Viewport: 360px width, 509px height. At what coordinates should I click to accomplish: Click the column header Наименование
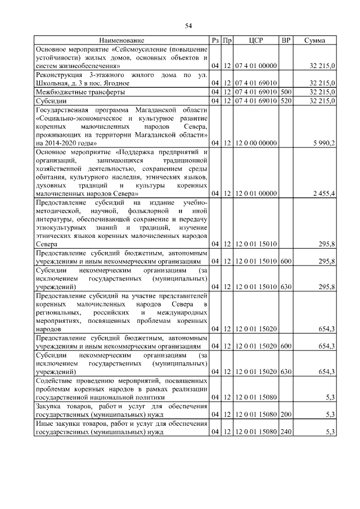(122, 40)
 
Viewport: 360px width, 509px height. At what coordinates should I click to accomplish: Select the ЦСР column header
(255, 40)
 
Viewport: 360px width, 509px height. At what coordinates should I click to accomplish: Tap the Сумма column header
(316, 40)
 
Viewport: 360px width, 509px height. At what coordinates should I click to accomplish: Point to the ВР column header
(286, 40)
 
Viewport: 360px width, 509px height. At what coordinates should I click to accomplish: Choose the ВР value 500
(286, 92)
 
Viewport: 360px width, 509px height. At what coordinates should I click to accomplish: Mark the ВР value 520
(286, 100)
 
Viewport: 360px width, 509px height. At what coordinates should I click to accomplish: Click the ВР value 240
(286, 432)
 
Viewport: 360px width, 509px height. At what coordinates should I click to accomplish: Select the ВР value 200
(286, 415)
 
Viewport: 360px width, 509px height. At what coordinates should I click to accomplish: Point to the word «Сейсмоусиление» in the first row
(139, 49)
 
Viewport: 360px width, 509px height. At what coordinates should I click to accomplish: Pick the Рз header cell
(215, 40)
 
